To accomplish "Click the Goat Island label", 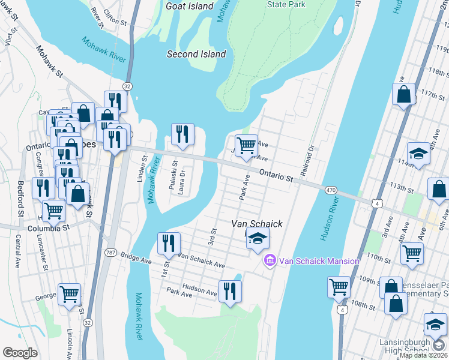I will [189, 6].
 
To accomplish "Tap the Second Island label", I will [196, 54].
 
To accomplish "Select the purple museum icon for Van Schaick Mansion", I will [270, 261].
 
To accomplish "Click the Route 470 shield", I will [331, 190].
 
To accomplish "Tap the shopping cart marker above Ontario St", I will [246, 146].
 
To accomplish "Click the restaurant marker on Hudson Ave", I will [229, 291].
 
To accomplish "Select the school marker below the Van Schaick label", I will [257, 239].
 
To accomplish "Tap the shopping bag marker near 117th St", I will [404, 94].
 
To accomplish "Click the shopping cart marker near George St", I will [70, 295].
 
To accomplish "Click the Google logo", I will [20, 353].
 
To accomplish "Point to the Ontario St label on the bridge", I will [276, 175].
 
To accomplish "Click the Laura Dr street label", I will [182, 179].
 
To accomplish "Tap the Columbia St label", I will [49, 229].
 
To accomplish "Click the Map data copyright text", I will [423, 355].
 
